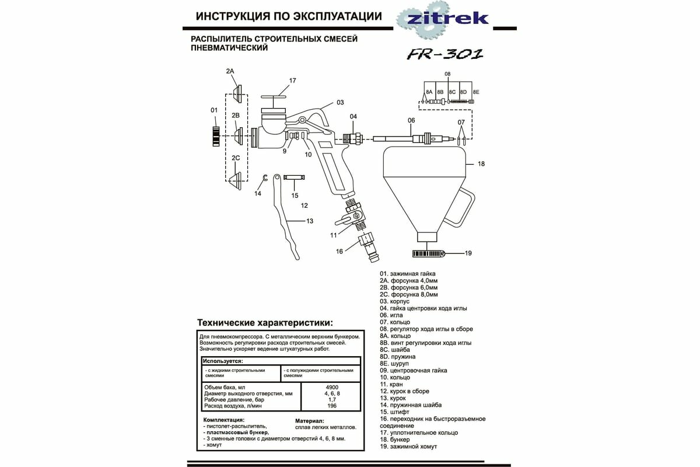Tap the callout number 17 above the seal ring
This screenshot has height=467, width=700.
click(293, 81)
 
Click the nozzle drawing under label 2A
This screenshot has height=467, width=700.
click(237, 92)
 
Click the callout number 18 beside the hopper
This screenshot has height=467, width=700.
click(481, 164)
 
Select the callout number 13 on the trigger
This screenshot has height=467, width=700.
click(309, 221)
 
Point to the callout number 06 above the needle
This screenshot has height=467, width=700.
click(411, 120)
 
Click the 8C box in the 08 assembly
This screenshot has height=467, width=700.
click(452, 92)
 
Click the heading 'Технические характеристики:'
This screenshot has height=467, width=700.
click(265, 322)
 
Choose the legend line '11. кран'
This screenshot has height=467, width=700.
click(391, 384)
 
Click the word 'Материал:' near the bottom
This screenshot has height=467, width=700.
click(309, 420)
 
